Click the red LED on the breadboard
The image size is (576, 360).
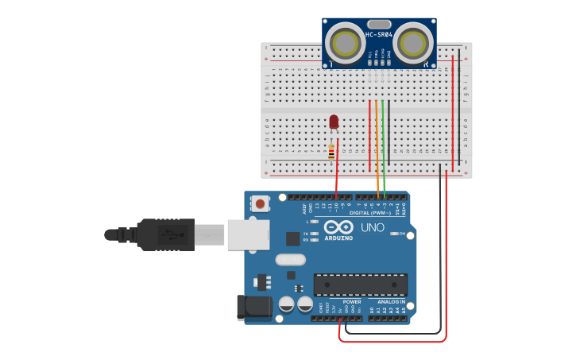334,122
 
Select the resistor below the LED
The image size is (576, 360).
331,152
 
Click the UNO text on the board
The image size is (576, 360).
373,228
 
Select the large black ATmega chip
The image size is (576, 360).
361,285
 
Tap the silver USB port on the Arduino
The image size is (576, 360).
248,234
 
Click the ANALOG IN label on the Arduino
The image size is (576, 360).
391,302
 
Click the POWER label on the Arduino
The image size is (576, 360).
352,302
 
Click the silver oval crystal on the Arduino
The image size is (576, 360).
291,259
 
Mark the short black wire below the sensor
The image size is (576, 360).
389,111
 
